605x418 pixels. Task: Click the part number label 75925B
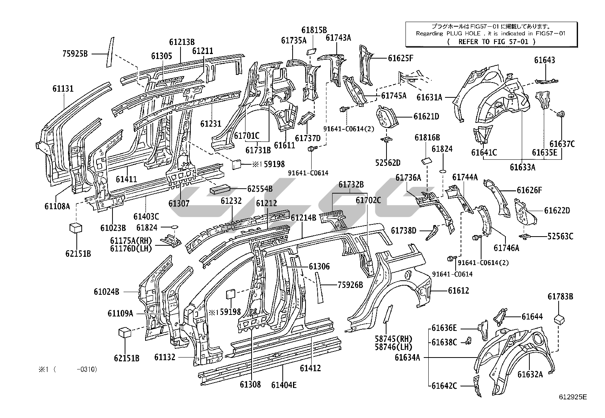point(75,54)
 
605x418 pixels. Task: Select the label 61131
point(63,89)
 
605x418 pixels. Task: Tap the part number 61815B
point(314,30)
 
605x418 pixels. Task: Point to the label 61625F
point(401,58)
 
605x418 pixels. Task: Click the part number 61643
point(544,60)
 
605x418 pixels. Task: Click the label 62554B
point(260,188)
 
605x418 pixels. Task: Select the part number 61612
point(458,291)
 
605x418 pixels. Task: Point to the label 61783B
point(560,296)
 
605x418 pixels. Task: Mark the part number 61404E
point(284,385)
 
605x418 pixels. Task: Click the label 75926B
point(350,285)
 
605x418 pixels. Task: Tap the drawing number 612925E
point(573,397)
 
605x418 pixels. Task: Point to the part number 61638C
point(444,342)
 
